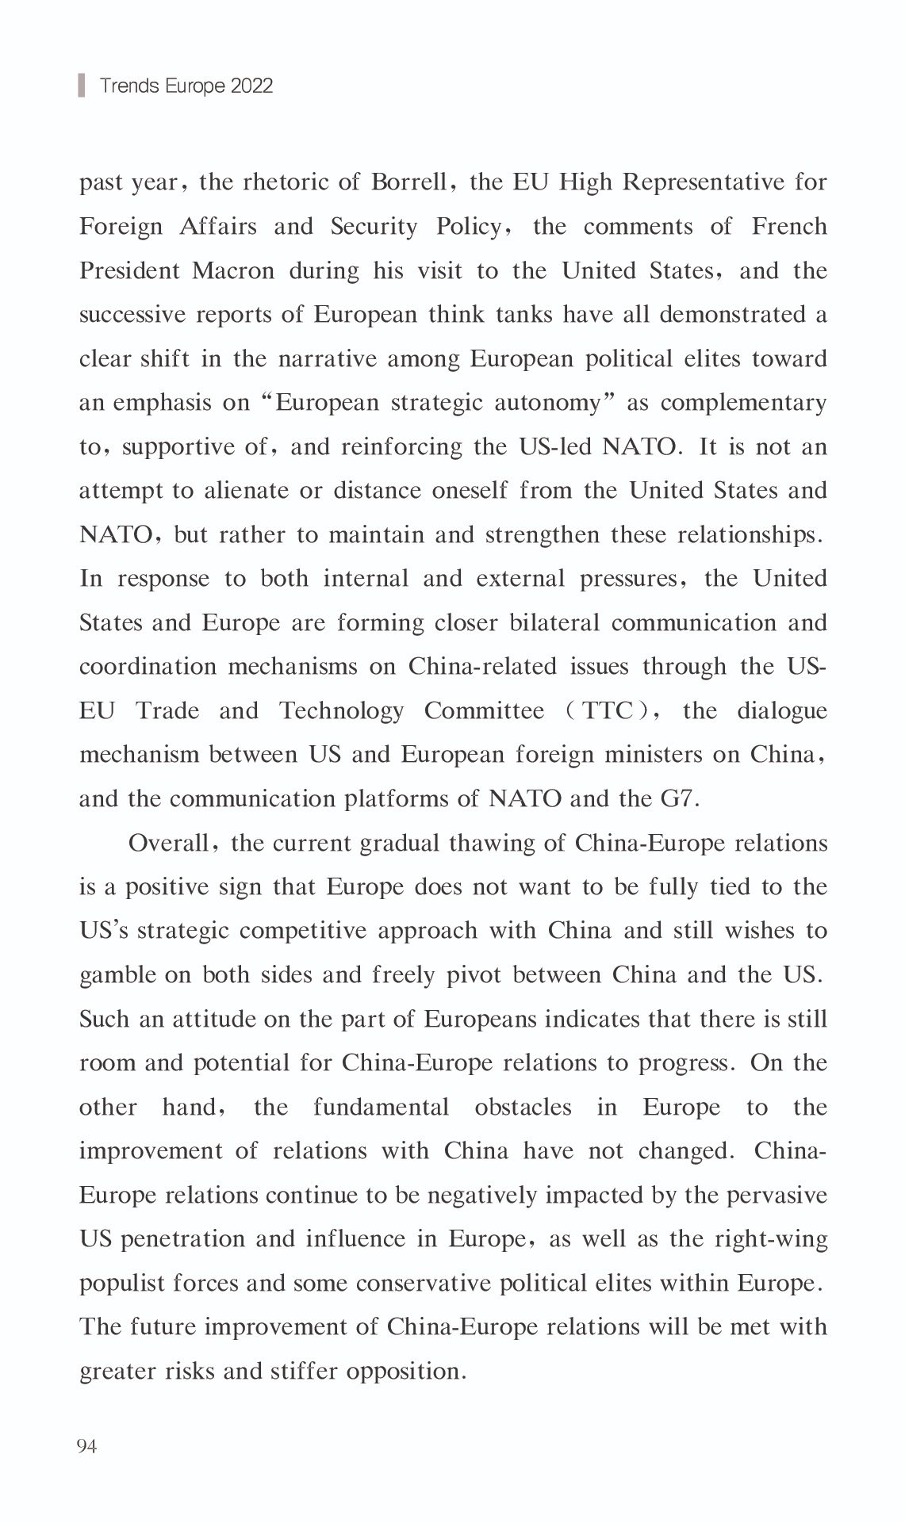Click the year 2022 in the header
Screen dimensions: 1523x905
tap(251, 86)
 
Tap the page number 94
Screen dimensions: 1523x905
tap(86, 1446)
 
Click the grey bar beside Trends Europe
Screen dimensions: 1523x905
tap(81, 85)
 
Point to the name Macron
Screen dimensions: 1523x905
tap(233, 271)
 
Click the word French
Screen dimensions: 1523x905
tap(789, 227)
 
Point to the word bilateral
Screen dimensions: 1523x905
tap(554, 623)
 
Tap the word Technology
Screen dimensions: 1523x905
tap(341, 711)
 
